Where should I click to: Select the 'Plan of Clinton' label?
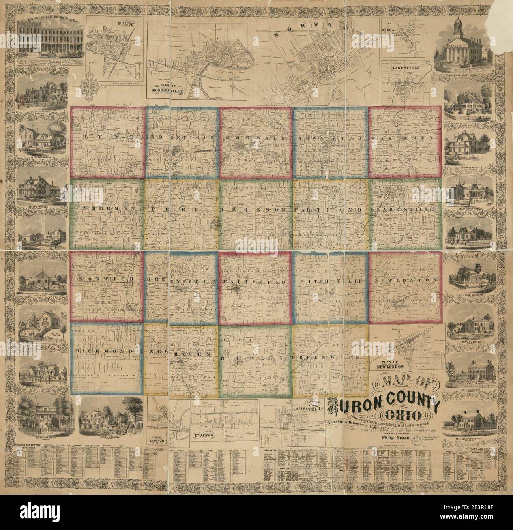(x=157, y=438)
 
